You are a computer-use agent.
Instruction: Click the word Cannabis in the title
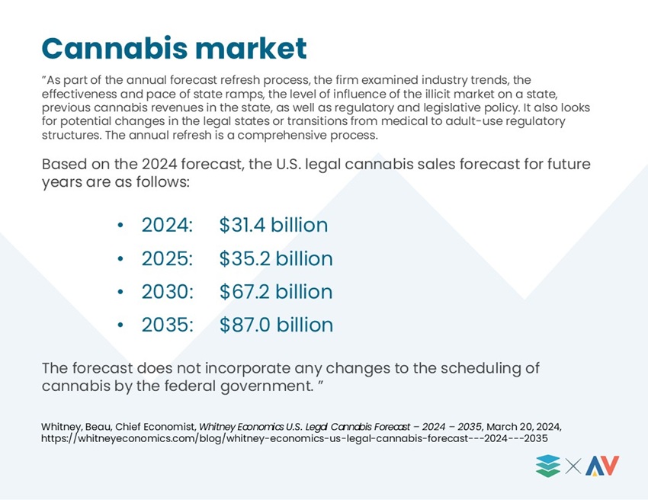coord(114,48)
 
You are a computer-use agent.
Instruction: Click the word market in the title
coord(251,48)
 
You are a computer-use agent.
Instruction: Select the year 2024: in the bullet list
coord(167,225)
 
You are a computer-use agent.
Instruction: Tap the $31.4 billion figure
coord(274,225)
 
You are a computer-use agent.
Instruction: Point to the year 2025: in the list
coord(167,258)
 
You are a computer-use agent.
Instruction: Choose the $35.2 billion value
coord(276,258)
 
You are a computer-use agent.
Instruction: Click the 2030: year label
coord(168,292)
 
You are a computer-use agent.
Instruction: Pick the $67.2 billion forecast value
coord(276,292)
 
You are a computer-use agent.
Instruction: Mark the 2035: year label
coord(168,325)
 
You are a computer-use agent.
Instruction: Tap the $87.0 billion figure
coord(277,325)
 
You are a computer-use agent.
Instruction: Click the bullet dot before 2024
coord(120,225)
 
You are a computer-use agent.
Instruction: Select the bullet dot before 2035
coord(120,325)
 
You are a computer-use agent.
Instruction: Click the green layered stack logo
coord(548,466)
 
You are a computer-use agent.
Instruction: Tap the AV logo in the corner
coord(602,466)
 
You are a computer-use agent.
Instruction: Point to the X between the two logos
coord(573,466)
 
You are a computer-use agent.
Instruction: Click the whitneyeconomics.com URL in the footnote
coord(294,438)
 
